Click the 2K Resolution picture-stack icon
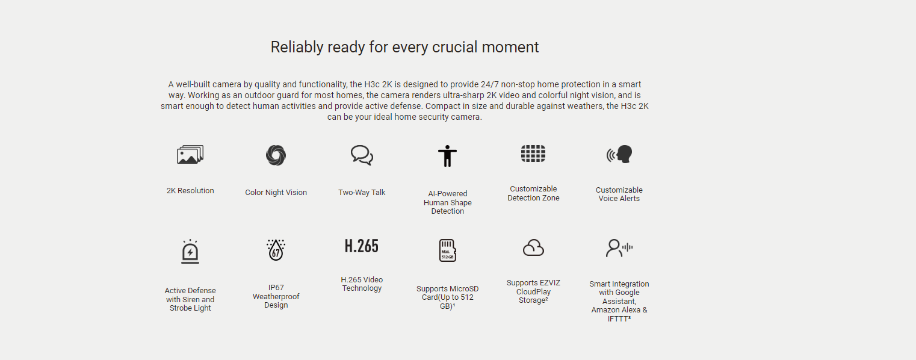[190, 155]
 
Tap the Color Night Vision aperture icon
[276, 155]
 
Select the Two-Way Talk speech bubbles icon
[362, 155]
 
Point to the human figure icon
[447, 156]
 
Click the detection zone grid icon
[533, 154]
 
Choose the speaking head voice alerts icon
[619, 154]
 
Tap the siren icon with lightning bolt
[190, 252]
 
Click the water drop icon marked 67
[276, 250]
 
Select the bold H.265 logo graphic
[362, 246]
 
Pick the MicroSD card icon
[447, 250]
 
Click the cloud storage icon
[533, 248]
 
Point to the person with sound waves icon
[619, 248]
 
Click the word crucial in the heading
[455, 47]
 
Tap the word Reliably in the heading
[297, 48]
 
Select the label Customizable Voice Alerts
[619, 194]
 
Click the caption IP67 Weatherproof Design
[276, 296]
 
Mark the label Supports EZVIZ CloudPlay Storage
[533, 291]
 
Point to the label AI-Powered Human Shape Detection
[447, 202]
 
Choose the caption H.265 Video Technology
[362, 284]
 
